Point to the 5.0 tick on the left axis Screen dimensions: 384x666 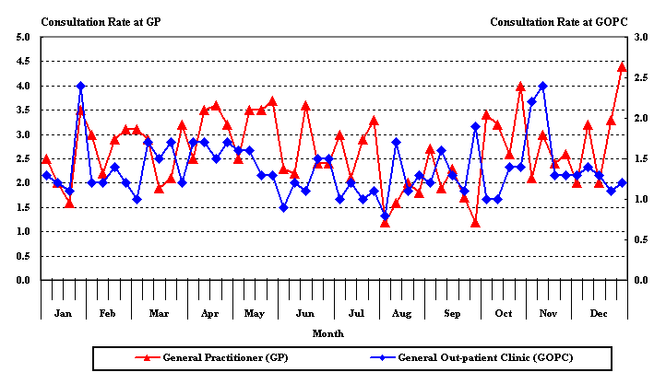coord(23,37)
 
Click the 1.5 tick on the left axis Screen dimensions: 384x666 coord(23,231)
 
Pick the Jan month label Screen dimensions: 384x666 coord(63,314)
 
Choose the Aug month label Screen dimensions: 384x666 coord(401,314)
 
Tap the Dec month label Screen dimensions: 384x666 coord(599,314)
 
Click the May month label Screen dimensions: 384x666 coord(254,314)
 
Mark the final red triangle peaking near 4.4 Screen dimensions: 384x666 coord(622,67)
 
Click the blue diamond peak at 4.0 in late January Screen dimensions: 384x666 coord(80,86)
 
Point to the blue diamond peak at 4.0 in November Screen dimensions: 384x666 coord(542,86)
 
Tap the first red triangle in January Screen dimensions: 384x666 coord(46,158)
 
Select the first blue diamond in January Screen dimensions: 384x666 coord(46,175)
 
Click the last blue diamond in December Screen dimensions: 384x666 coord(622,182)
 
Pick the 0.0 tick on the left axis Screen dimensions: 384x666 coord(23,280)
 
